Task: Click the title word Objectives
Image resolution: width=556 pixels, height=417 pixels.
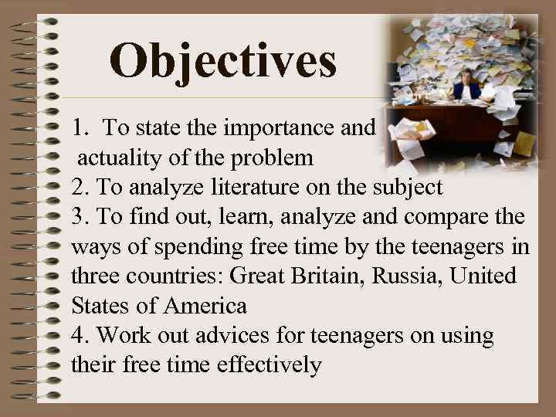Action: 223,61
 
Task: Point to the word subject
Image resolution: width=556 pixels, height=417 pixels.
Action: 407,186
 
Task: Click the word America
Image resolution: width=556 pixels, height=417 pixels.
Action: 207,306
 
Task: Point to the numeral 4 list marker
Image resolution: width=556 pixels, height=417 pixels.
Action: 76,336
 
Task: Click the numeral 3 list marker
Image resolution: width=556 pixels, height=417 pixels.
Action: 76,217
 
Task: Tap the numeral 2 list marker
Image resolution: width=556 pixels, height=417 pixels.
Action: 76,186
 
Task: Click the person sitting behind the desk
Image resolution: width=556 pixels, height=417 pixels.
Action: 466,89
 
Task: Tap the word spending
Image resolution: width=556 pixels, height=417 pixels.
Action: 193,247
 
